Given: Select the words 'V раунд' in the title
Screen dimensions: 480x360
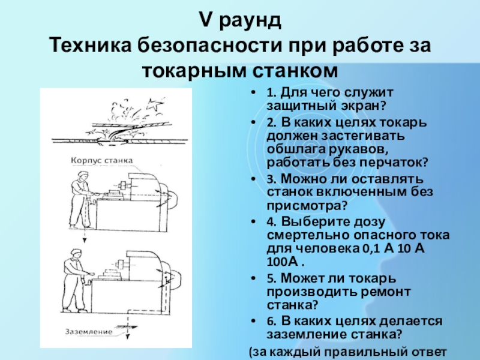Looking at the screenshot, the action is click(x=239, y=22).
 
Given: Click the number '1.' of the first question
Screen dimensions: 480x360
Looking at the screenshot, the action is click(x=271, y=94).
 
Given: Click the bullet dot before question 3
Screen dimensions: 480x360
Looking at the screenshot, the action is click(x=257, y=179).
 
